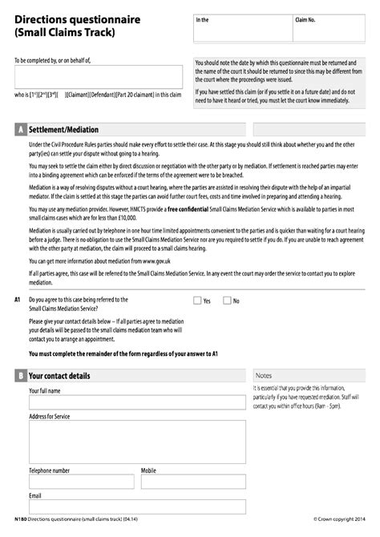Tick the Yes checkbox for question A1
pyautogui.click(x=198, y=301)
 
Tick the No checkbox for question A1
pyautogui.click(x=226, y=301)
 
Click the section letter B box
pyautogui.click(x=19, y=375)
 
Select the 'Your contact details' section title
pyautogui.click(x=59, y=375)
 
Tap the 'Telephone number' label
pyautogui.click(x=49, y=470)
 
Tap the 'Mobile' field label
pyautogui.click(x=148, y=470)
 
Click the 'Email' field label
pyautogui.click(x=35, y=496)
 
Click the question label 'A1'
pyautogui.click(x=18, y=300)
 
